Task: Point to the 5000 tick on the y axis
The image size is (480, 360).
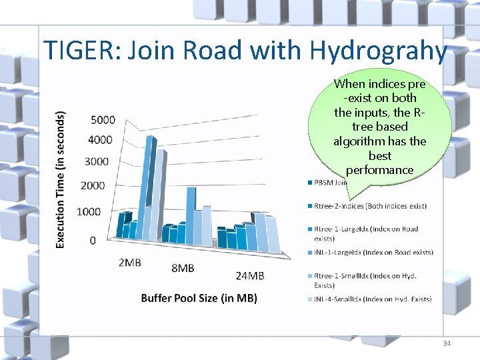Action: point(103,120)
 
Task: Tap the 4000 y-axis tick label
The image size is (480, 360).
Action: point(103,139)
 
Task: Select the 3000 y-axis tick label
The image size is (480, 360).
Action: point(97,161)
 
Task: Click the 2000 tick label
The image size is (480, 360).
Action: point(93,185)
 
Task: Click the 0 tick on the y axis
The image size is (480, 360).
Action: point(92,239)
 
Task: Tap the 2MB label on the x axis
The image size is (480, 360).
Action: point(129,263)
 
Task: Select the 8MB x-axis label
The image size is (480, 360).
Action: point(183,268)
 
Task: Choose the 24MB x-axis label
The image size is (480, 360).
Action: point(250,275)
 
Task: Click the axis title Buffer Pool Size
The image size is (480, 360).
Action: point(199,298)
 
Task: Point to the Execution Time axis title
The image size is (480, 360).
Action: point(60,179)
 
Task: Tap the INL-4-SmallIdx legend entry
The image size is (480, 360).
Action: point(373,299)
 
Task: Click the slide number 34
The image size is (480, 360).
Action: point(446,343)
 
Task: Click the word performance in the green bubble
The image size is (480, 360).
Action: point(380,170)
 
